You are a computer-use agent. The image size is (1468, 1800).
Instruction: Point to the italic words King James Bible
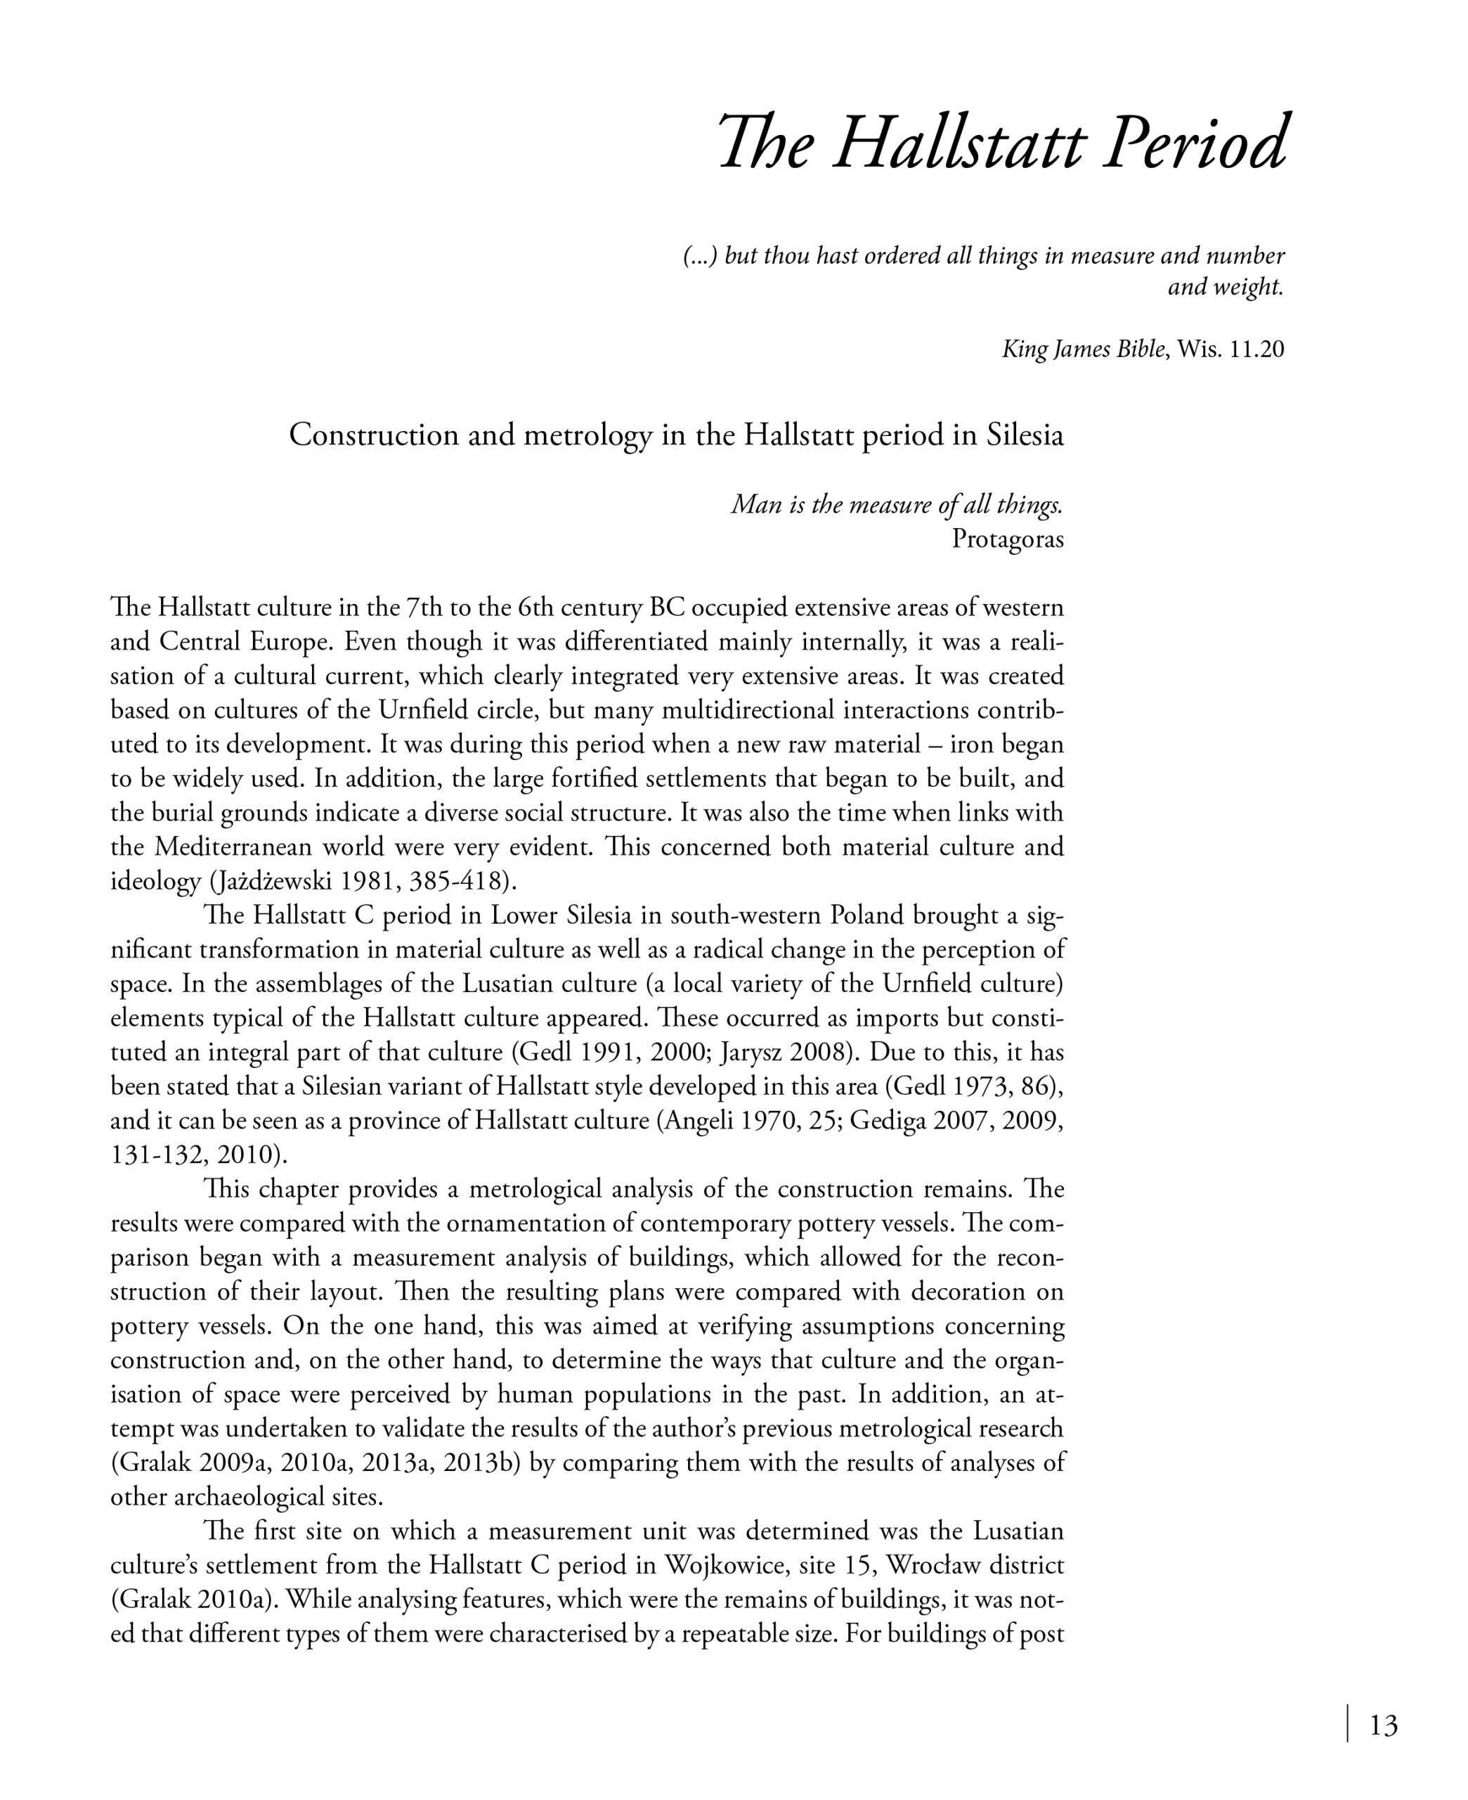coord(1083,349)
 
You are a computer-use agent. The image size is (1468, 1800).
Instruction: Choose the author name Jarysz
coord(753,1053)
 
